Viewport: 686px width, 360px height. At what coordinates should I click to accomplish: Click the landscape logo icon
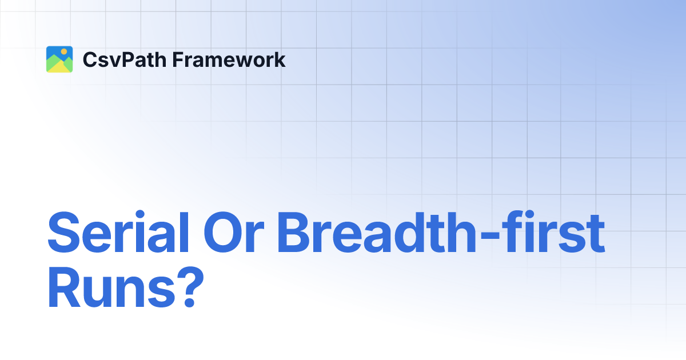[x=59, y=59]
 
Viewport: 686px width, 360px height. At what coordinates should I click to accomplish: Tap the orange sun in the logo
[x=64, y=52]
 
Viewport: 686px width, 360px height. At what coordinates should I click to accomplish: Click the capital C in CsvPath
[x=89, y=60]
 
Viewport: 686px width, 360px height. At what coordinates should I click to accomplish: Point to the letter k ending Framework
[x=280, y=59]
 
